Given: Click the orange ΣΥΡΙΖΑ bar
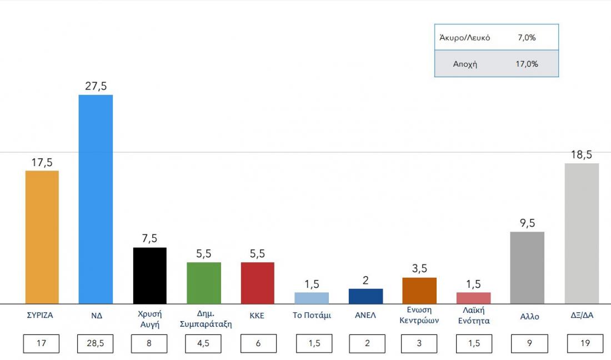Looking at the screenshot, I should click(x=42, y=237).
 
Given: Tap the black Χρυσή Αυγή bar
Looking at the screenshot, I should click(x=150, y=276).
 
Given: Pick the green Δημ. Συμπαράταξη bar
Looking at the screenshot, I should click(x=204, y=283).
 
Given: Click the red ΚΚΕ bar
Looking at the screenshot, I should click(x=257, y=283).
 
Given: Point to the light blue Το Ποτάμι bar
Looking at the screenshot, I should click(x=312, y=298).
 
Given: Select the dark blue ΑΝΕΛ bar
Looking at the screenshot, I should click(x=365, y=296).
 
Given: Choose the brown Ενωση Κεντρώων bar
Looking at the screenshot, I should click(x=419, y=291).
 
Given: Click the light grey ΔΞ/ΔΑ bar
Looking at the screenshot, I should click(x=582, y=233).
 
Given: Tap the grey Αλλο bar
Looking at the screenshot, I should click(x=527, y=268).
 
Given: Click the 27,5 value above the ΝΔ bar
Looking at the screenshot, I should click(x=96, y=86).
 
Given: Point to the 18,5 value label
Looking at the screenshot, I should click(x=582, y=155).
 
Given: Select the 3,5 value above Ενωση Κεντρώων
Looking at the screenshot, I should click(x=419, y=269).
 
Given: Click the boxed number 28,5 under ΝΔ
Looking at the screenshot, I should click(x=96, y=343).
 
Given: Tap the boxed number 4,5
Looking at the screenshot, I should click(x=204, y=343).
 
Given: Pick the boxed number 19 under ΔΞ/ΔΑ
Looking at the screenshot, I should click(x=585, y=343).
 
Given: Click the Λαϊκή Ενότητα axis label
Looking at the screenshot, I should click(x=473, y=316).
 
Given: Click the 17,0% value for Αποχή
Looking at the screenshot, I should click(x=527, y=64).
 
